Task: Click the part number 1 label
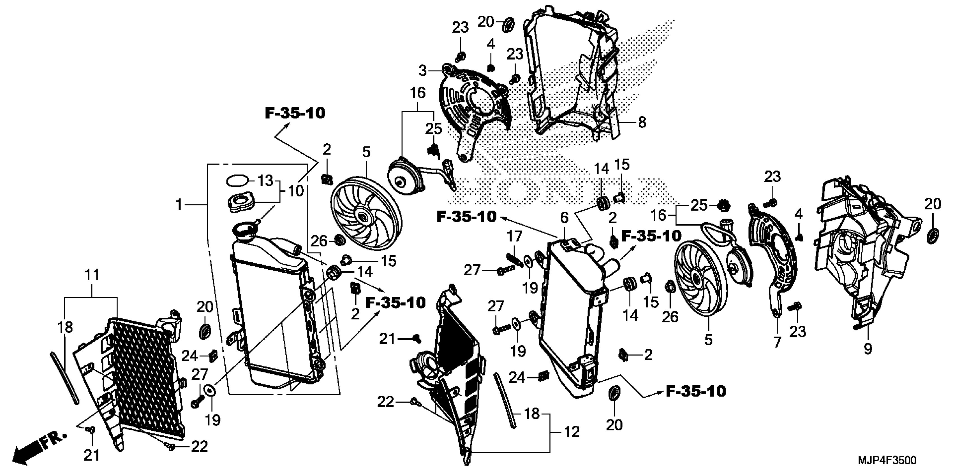(179, 204)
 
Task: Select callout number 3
(422, 70)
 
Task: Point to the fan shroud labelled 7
(773, 259)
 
